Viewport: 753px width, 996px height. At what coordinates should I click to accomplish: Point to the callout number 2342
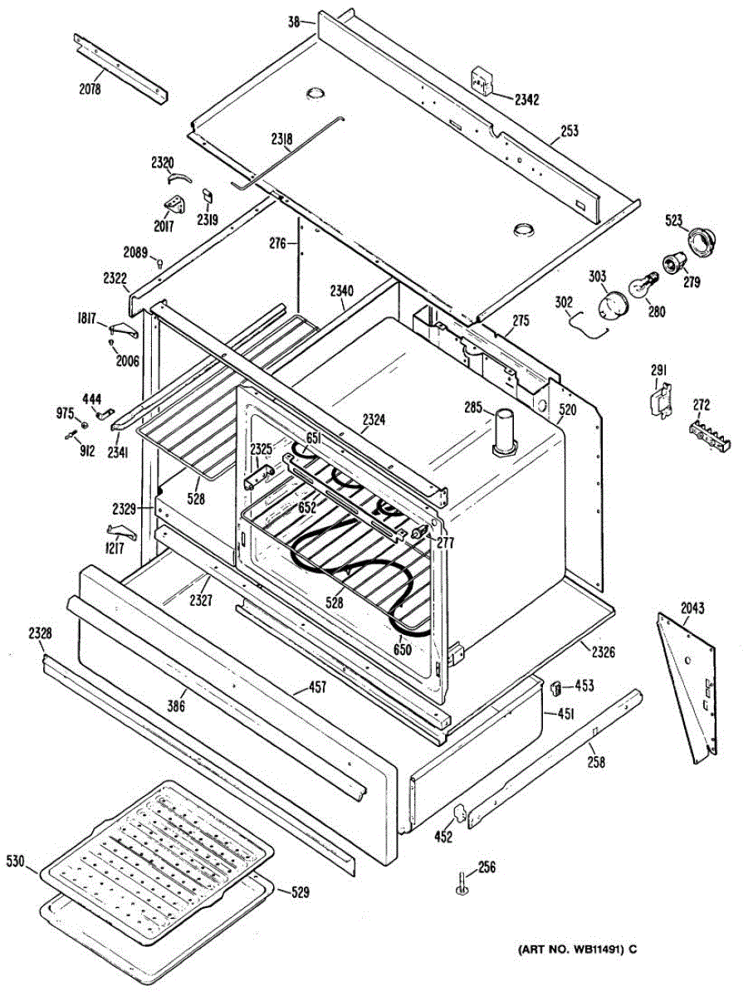pyautogui.click(x=526, y=100)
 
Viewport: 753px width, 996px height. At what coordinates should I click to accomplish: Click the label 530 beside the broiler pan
pyautogui.click(x=17, y=860)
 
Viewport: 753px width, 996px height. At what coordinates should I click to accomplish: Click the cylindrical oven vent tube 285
pyautogui.click(x=504, y=431)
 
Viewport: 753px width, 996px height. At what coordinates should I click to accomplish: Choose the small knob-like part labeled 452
pyautogui.click(x=458, y=813)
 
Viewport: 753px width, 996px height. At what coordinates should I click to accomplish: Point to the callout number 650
pyautogui.click(x=403, y=650)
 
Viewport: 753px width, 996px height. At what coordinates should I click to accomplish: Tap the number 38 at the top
pyautogui.click(x=294, y=22)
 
